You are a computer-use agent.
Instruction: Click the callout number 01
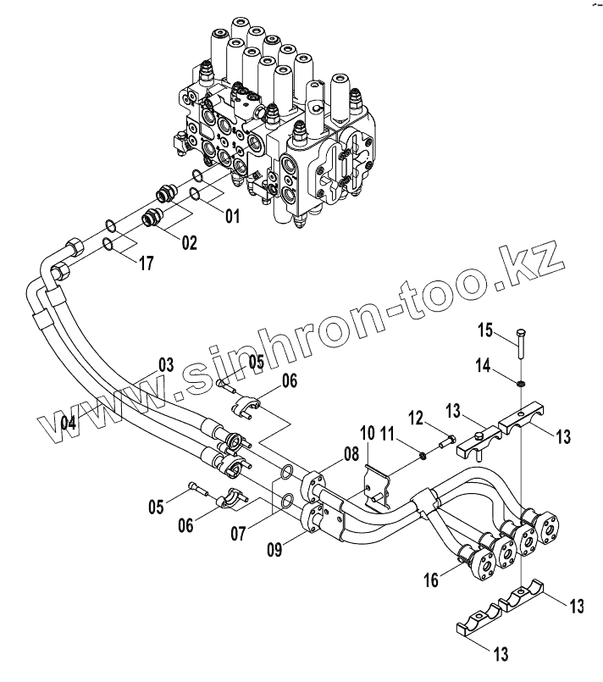pos(230,216)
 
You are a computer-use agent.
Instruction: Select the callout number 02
pos(187,243)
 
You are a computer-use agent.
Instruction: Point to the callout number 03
pos(164,366)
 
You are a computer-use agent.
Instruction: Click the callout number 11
pos(388,435)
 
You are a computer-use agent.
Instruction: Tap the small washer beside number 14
pos(518,385)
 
